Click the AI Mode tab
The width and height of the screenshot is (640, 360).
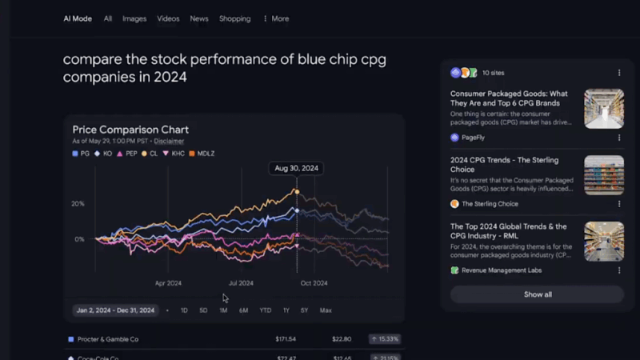78,18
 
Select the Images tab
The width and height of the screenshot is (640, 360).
134,18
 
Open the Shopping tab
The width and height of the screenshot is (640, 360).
234,18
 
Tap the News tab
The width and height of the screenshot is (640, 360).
199,18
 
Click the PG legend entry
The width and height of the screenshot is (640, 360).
81,153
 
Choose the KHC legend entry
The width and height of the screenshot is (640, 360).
174,153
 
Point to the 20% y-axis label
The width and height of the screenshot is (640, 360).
78,204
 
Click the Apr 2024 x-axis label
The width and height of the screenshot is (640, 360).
168,282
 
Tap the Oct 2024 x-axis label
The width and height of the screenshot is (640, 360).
314,282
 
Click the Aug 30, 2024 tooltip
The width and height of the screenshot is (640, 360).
297,168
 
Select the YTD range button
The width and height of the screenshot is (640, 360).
265,310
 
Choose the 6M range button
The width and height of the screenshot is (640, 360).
243,310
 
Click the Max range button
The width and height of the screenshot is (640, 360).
326,310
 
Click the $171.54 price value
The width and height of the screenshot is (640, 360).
286,339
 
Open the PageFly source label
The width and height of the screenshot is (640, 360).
473,138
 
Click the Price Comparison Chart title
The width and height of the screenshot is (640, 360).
130,130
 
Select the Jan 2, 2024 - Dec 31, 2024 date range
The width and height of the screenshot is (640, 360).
117,310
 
